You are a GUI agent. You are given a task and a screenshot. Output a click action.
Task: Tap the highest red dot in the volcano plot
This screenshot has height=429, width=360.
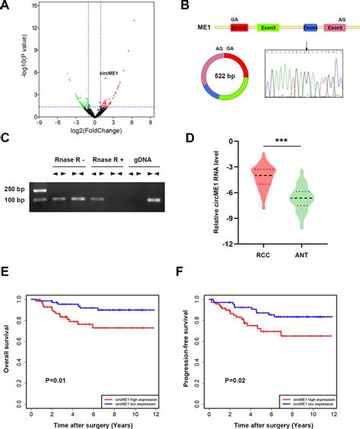[134, 21]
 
